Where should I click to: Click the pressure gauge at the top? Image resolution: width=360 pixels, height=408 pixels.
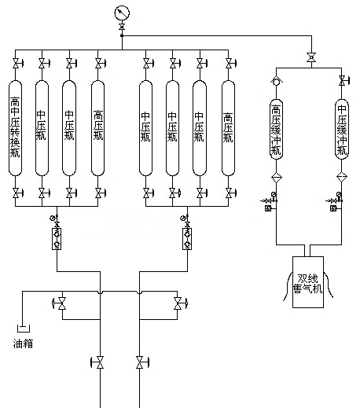(122, 13)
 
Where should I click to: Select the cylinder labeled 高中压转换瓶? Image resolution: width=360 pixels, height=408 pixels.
(15, 128)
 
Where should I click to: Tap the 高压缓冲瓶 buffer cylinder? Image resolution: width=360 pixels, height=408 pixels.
(276, 129)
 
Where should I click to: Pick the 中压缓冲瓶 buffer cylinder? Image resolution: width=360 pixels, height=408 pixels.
(342, 129)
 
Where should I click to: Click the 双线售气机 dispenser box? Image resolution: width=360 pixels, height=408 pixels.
(308, 282)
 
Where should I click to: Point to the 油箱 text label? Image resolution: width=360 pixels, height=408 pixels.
(23, 344)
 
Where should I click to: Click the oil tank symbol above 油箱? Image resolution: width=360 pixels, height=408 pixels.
(24, 329)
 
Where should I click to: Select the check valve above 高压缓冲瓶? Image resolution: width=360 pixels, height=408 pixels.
(276, 81)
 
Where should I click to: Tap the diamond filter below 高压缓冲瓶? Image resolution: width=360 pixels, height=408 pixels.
(276, 178)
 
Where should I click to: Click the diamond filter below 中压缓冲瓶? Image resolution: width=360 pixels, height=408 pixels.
(342, 177)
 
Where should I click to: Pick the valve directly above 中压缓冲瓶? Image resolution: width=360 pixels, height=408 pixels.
(343, 80)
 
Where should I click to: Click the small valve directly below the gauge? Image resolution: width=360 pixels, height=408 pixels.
(122, 27)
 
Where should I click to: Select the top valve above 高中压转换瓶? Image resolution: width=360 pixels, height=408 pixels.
(17, 64)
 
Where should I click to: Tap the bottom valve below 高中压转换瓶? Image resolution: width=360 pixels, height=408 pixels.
(17, 193)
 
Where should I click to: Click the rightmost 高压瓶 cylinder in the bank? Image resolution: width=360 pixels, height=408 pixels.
(228, 128)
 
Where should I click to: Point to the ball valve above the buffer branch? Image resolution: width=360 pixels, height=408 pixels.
(311, 57)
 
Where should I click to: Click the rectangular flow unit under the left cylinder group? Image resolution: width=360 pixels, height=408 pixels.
(57, 238)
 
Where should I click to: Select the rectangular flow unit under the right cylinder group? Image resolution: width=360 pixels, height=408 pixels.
(187, 238)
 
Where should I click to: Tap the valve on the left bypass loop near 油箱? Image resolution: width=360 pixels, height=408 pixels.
(61, 303)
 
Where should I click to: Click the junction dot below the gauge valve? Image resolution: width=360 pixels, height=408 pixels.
(122, 35)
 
